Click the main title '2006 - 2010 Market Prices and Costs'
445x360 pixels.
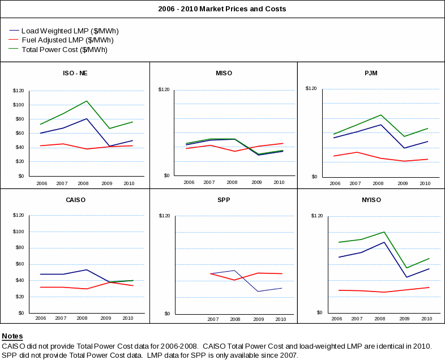(x=222, y=9)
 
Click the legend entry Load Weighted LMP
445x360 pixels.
(x=70, y=31)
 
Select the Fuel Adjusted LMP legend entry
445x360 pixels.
(x=67, y=40)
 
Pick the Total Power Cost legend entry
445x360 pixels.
(x=64, y=50)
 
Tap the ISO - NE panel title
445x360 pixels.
(x=75, y=73)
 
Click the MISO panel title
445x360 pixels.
(x=224, y=73)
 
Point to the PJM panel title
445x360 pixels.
(x=371, y=73)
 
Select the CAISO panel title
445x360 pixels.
(x=75, y=200)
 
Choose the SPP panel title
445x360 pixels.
(x=224, y=200)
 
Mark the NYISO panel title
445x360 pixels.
(x=371, y=200)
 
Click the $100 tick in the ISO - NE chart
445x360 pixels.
(x=18, y=105)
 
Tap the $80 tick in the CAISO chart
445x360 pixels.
(x=19, y=247)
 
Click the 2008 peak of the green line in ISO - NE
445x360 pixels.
(x=87, y=101)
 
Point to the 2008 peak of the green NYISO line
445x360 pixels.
(x=384, y=232)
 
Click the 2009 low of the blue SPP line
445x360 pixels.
(x=258, y=292)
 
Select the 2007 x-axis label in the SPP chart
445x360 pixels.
(x=213, y=319)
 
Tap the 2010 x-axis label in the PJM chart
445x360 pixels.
(x=425, y=183)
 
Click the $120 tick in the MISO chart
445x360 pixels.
(x=164, y=89)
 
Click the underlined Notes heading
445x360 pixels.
(x=12, y=336)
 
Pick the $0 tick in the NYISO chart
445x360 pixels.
(x=319, y=312)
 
